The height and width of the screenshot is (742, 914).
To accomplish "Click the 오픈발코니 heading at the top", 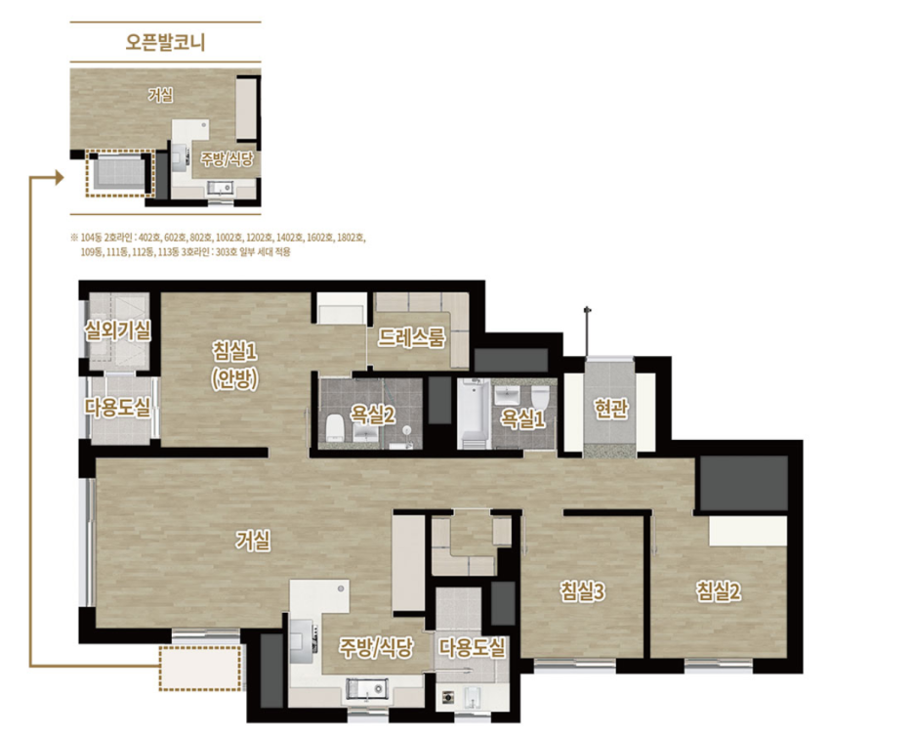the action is (166, 43).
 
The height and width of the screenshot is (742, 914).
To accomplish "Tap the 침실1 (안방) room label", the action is (235, 366).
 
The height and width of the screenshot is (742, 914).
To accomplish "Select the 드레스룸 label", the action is (411, 337).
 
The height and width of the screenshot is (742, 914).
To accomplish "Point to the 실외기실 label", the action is (117, 331).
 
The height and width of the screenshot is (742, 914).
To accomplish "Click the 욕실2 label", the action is (372, 415).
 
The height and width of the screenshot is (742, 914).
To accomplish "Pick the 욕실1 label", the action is (522, 418).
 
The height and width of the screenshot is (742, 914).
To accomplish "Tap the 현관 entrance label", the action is (611, 409).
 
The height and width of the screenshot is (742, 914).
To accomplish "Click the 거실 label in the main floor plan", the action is (253, 541).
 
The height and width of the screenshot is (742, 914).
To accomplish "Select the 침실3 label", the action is (582, 591).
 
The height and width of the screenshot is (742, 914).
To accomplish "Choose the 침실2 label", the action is (718, 591).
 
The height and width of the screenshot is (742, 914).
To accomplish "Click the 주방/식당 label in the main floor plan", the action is (376, 647).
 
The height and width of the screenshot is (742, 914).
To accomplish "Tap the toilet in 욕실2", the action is (335, 428).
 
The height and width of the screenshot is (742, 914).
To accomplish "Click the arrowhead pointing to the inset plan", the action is (60, 177).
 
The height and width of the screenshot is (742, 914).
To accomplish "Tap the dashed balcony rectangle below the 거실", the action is (200, 668).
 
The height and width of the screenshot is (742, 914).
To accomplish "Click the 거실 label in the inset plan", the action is (160, 95).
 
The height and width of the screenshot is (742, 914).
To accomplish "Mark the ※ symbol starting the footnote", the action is (74, 238).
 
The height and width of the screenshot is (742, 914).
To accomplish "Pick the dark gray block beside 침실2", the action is (744, 484).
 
